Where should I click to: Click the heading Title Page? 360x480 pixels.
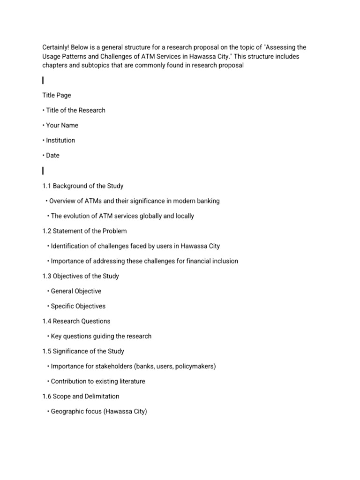click(x=57, y=95)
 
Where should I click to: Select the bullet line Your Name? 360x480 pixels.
click(x=62, y=125)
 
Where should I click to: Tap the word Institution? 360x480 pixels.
click(x=60, y=140)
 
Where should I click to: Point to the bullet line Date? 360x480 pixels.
click(x=52, y=155)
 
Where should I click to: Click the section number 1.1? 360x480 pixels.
click(x=46, y=186)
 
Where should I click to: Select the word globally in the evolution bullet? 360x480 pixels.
click(x=151, y=216)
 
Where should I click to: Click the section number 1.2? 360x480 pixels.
click(x=46, y=231)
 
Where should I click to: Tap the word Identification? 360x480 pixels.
click(x=71, y=246)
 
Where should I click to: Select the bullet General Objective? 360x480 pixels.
click(x=76, y=291)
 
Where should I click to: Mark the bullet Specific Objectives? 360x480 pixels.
click(x=78, y=306)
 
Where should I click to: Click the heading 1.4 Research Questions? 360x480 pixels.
click(x=76, y=321)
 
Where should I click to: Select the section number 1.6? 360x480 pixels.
click(x=46, y=396)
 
